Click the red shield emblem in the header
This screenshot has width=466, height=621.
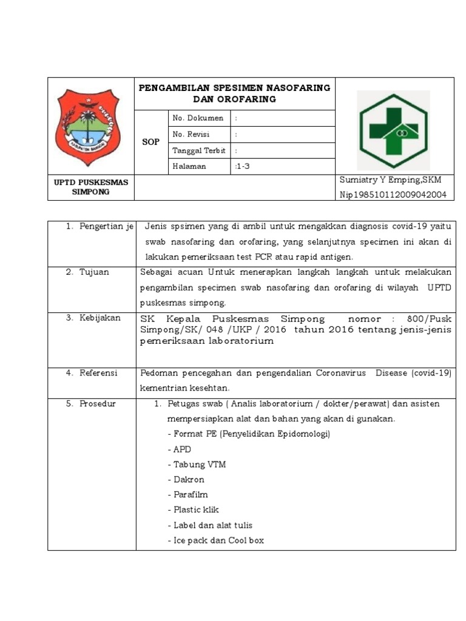(x=89, y=124)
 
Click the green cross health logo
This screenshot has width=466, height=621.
(x=393, y=130)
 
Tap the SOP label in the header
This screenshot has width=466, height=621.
(x=151, y=142)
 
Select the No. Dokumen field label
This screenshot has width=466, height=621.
(x=198, y=118)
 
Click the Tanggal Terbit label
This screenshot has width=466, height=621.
(x=198, y=150)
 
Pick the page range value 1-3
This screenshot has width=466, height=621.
(x=243, y=166)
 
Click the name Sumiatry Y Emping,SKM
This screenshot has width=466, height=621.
(x=390, y=180)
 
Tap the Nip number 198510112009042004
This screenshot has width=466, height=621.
(x=393, y=195)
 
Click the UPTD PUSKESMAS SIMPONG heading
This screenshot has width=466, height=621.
(x=90, y=187)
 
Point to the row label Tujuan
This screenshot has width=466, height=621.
(x=94, y=272)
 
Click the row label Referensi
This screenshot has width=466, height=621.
(x=98, y=374)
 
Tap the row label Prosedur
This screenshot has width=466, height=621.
(x=97, y=404)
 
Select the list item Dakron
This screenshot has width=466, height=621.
(x=189, y=480)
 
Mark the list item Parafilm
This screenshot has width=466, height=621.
(x=191, y=495)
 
